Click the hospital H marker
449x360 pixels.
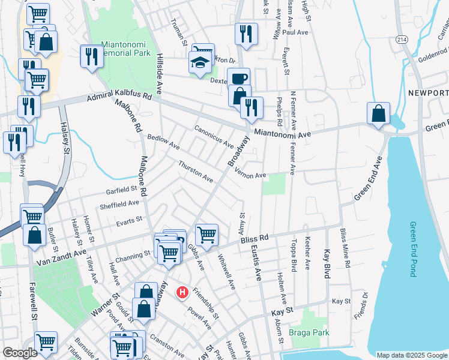tap(182, 293)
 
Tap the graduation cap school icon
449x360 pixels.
tap(200, 62)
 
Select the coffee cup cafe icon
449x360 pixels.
tap(238, 79)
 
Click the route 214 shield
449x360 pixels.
tap(402, 39)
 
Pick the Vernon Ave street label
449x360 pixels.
tap(250, 173)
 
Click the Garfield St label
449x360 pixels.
tap(117, 189)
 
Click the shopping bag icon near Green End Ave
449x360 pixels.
tap(379, 113)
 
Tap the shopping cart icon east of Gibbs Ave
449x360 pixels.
tap(206, 234)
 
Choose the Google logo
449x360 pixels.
tap(20, 353)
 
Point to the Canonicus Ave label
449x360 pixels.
tap(213, 136)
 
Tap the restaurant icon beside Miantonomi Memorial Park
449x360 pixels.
tap(91, 56)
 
